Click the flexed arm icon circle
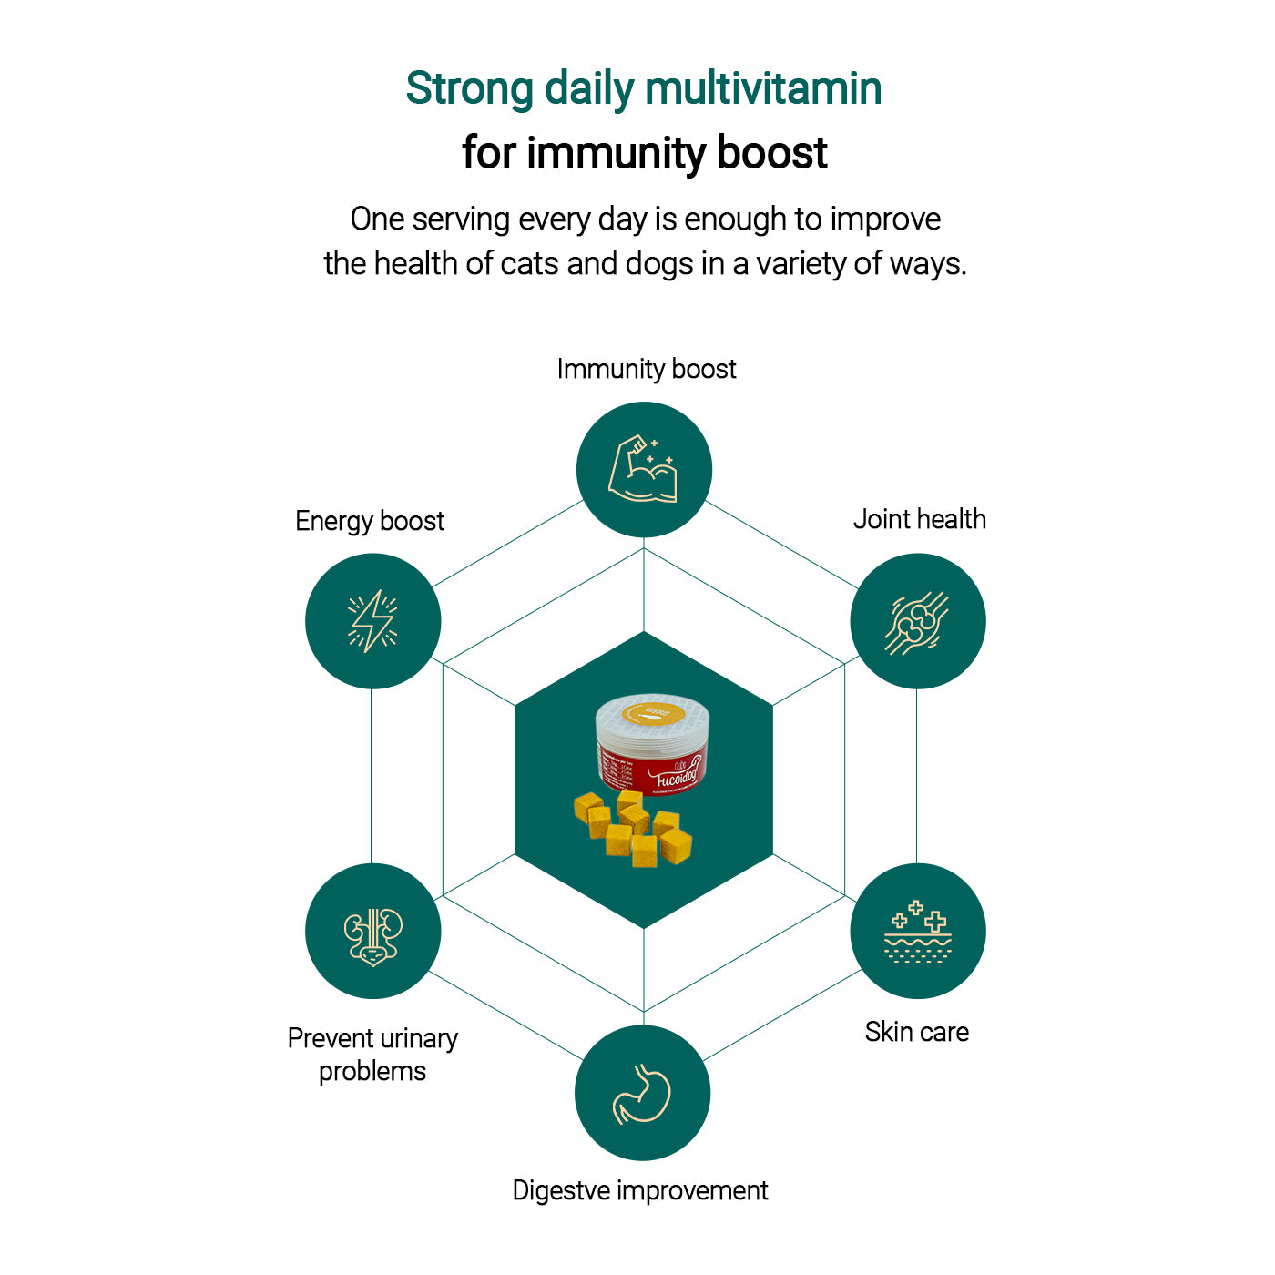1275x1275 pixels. pos(644,470)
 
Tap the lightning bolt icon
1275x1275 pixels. pos(372,621)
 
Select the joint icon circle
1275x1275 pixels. pos(917,621)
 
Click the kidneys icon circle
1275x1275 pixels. pos(372,932)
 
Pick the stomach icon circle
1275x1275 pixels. pos(642,1093)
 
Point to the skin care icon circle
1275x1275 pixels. pos(917,931)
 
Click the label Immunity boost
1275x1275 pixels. pos(646,369)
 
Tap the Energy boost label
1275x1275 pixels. pos(370,521)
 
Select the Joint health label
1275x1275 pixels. pos(919,519)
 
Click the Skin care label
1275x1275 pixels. pos(916,1032)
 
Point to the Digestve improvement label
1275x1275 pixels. pos(639,1190)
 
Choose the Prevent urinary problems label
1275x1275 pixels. pos(372,1054)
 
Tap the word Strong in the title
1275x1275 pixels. pos(469,89)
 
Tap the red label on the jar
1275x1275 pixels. pos(654,770)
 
